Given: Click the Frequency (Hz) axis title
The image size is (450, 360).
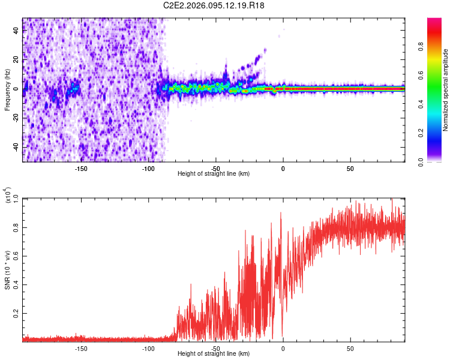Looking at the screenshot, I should click(8, 89).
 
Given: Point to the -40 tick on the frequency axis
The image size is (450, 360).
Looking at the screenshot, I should click(16, 147).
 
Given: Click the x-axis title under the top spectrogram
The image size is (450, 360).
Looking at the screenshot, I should click(214, 174).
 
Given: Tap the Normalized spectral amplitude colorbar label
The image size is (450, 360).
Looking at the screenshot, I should click(445, 90).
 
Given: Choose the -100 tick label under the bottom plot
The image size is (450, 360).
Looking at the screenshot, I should click(148, 348).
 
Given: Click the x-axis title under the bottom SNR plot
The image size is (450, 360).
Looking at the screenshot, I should click(214, 354).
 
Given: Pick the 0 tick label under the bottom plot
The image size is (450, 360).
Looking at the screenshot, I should click(283, 348).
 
